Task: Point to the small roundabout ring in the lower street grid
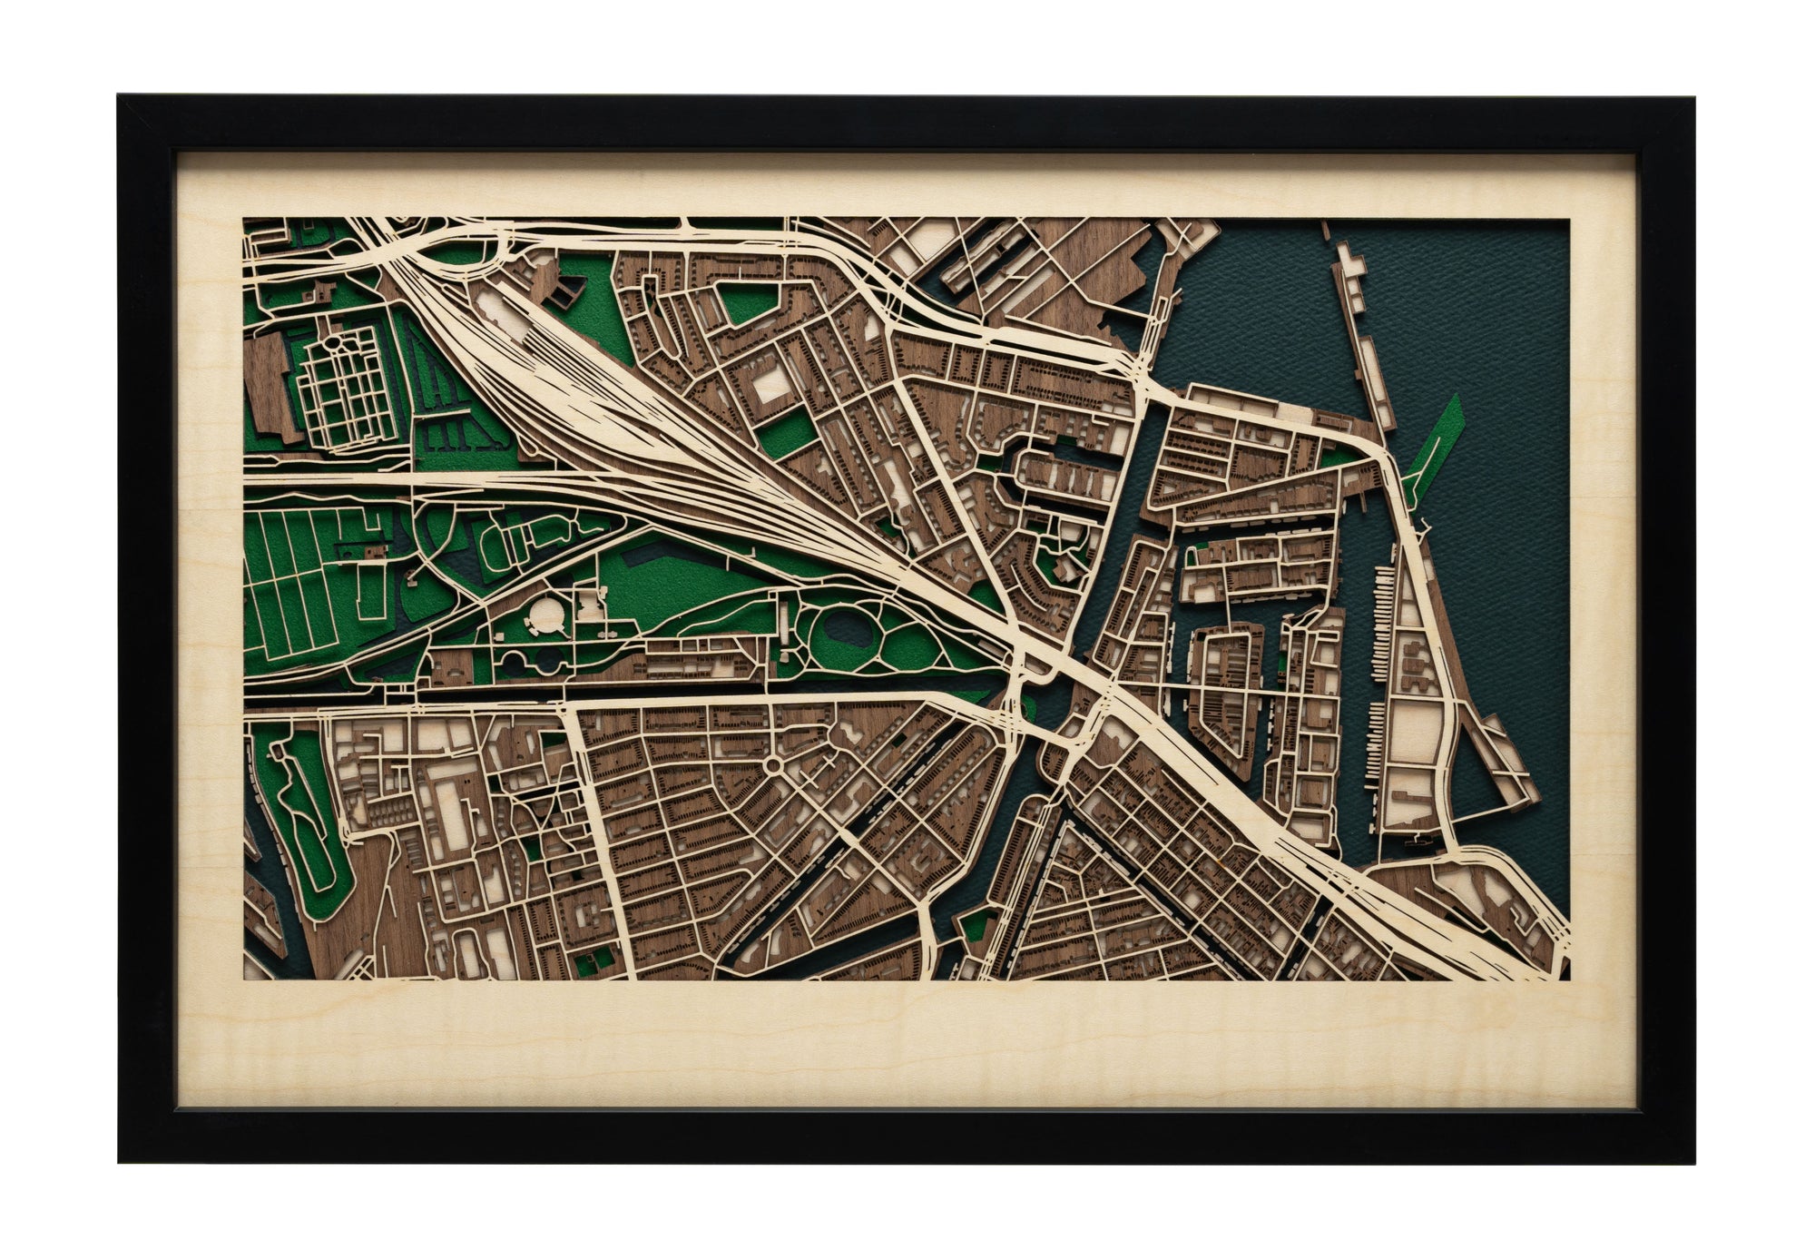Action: (x=774, y=767)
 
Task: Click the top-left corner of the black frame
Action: (x=120, y=97)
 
